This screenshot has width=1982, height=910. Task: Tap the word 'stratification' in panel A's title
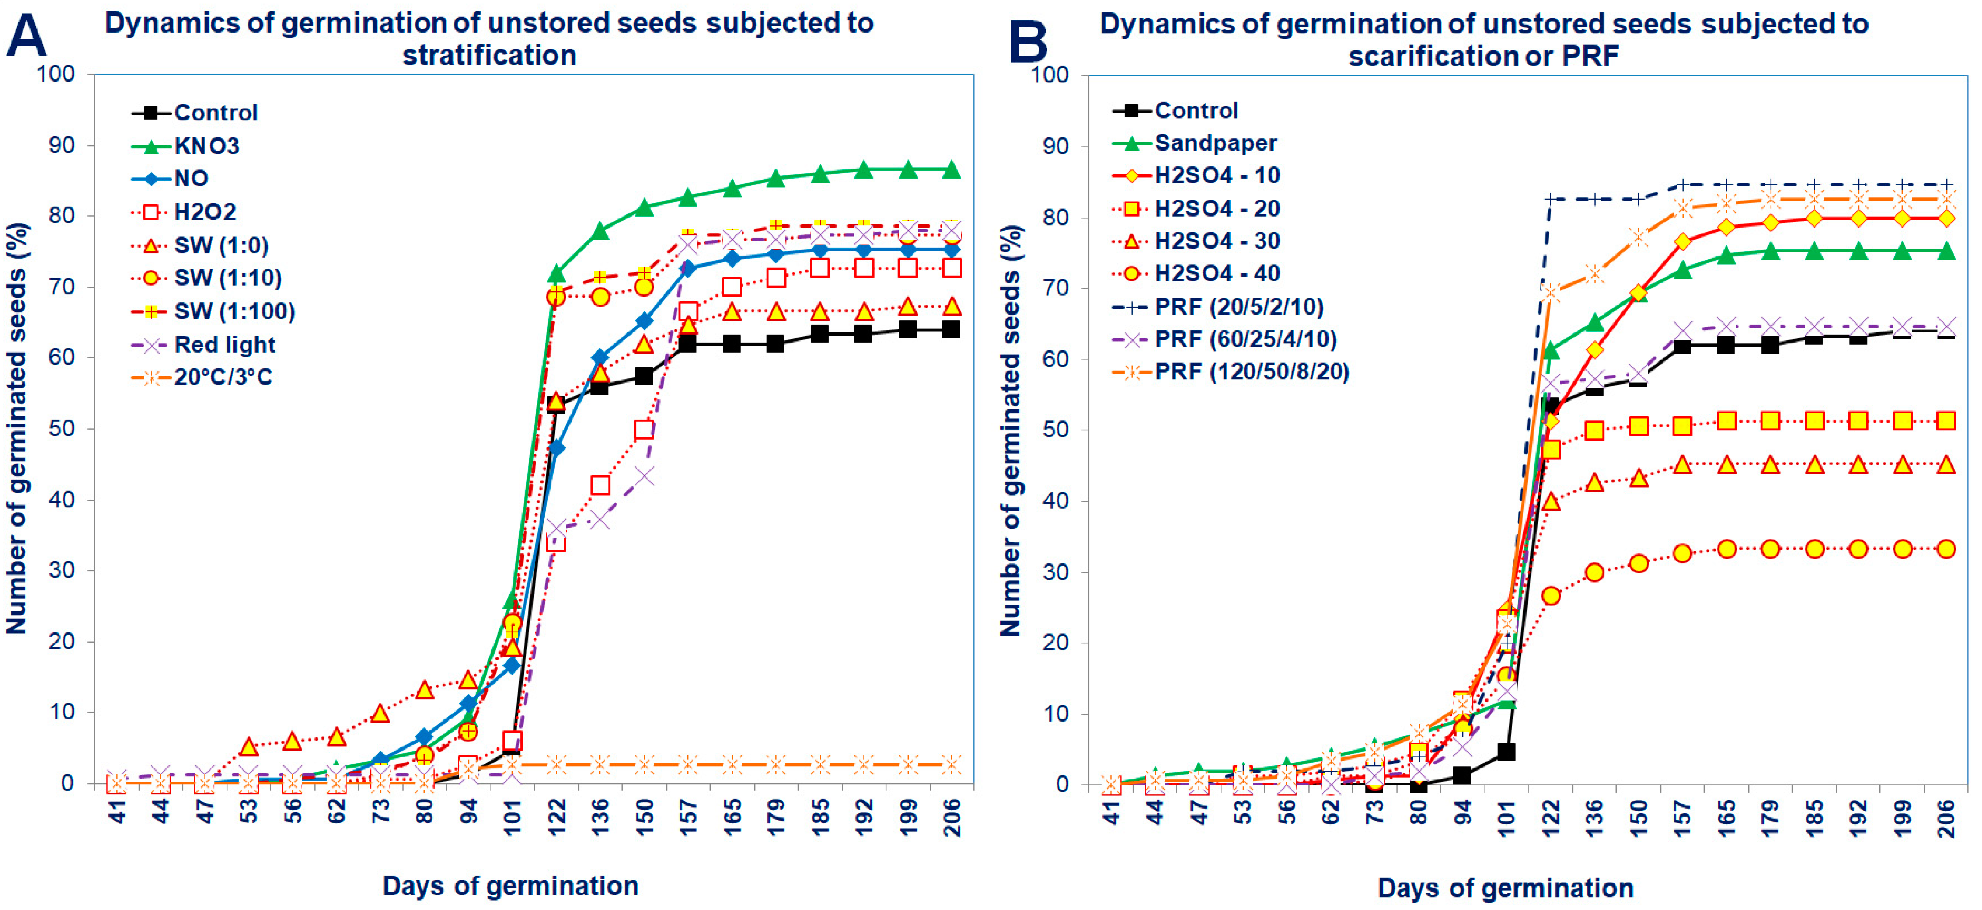(489, 55)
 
